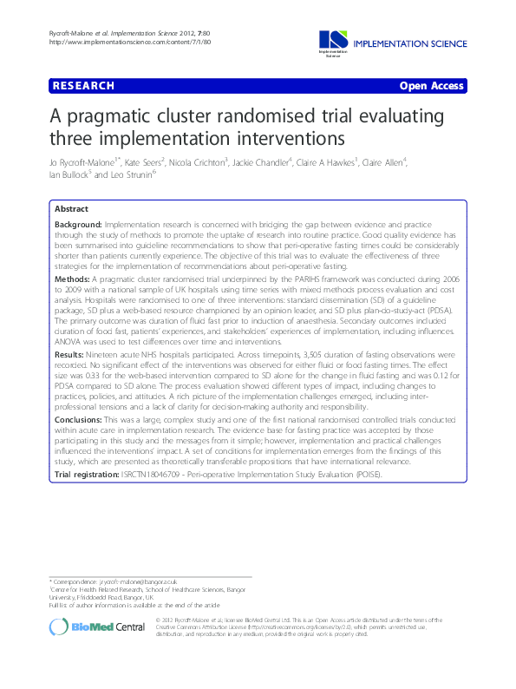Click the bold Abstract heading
pos(71,209)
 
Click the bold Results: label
pos(71,355)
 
